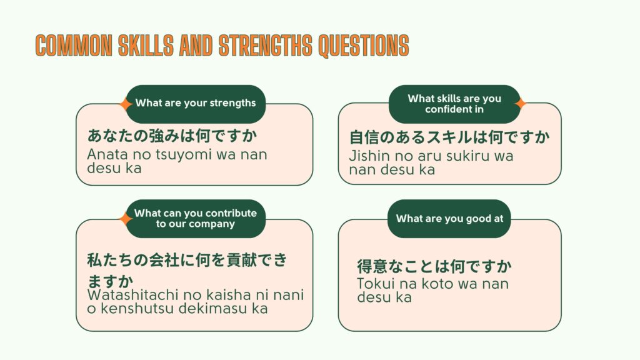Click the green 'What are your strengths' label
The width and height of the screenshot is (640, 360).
tap(196, 103)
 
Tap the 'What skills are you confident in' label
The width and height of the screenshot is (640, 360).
tap(454, 104)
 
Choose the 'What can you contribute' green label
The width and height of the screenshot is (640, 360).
tap(196, 218)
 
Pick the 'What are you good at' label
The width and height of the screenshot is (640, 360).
tap(449, 219)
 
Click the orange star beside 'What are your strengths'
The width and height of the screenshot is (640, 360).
tap(126, 104)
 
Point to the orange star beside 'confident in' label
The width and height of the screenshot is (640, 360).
tap(520, 104)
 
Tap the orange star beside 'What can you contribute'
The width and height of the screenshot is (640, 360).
tap(126, 219)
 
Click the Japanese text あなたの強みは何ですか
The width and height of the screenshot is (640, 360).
tap(172, 136)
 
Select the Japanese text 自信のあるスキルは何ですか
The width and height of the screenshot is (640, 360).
tap(449, 136)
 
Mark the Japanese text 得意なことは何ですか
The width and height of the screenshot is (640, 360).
tap(434, 267)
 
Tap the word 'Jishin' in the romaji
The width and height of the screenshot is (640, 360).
tap(369, 156)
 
